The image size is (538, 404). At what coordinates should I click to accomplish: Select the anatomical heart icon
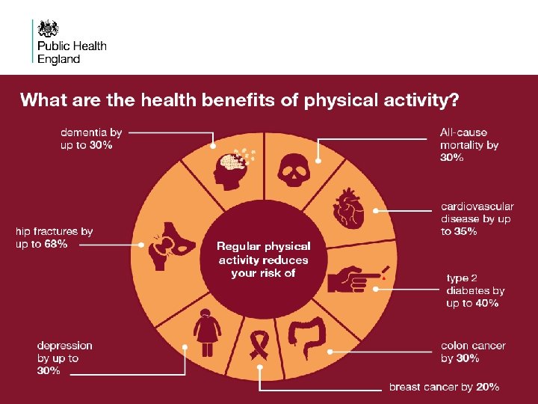347,209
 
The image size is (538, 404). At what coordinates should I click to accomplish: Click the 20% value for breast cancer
487,387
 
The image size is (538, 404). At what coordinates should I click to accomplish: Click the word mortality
462,145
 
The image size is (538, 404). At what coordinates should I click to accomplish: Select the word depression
65,346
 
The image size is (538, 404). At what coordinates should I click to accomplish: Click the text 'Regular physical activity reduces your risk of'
263,259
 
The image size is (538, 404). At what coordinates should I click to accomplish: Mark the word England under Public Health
58,59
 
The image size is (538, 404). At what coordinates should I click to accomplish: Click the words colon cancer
473,346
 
